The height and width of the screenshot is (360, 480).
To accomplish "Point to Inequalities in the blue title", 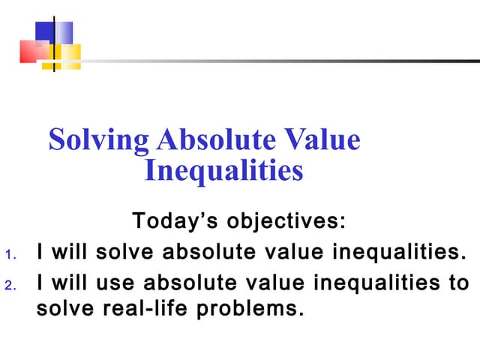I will (x=223, y=171).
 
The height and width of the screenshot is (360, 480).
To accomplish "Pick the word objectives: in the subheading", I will (x=287, y=222).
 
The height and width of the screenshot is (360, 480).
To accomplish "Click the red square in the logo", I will (x=33, y=51).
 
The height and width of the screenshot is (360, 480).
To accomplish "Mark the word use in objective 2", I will (x=119, y=283).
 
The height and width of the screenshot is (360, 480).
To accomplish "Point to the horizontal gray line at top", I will (x=285, y=61).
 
